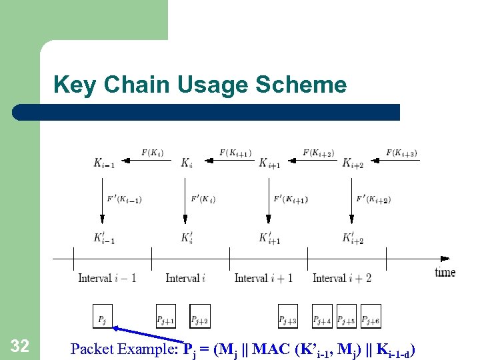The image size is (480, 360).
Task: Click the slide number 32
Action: coord(20,345)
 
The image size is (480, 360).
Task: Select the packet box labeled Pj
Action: coord(103,316)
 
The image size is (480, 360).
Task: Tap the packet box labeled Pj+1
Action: coord(165,316)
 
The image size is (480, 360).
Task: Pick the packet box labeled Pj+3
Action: coord(288,316)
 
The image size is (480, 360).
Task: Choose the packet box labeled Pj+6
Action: coord(371,316)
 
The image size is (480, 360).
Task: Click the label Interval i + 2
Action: coord(342,278)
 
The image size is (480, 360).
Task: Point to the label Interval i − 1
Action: coord(107,278)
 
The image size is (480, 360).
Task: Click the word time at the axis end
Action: coord(445,272)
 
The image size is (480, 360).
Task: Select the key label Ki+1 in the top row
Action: coord(269,163)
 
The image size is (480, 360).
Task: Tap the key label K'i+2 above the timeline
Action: coord(353,238)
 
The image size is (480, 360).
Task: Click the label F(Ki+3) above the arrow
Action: coord(401,153)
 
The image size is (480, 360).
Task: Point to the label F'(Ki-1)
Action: coord(124,199)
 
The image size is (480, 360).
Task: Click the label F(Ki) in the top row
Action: coord(153,153)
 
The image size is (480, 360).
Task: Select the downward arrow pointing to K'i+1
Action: coord(269,200)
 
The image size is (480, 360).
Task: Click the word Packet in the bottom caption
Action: coord(93,348)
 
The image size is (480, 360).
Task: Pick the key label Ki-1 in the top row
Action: coord(104,163)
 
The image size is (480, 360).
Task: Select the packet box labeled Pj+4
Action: coord(322,316)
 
